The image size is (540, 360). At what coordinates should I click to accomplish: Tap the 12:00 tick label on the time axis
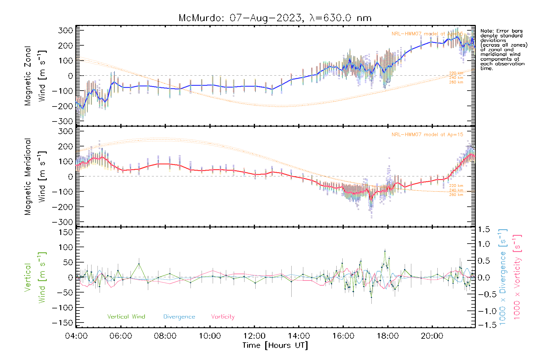coord(254,336)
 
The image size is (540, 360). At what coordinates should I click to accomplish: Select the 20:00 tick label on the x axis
coord(432,336)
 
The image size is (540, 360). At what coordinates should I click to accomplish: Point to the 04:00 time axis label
coord(76,336)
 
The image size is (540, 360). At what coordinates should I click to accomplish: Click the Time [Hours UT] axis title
coord(275,345)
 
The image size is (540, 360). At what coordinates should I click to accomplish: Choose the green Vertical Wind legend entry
coord(126,316)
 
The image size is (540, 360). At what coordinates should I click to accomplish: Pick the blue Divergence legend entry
coord(179,316)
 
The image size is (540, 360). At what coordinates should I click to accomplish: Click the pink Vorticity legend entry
coord(223,316)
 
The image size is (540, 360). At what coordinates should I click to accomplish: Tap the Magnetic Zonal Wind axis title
coord(35,76)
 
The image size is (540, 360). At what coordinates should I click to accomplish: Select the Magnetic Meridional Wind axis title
coord(35,176)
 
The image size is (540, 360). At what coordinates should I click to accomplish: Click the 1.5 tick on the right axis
coord(484,229)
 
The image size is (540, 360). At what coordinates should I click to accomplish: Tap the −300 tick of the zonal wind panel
coord(62,121)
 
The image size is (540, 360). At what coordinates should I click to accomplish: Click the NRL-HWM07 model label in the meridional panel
coord(427,135)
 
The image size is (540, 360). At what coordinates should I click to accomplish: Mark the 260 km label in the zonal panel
coord(456,82)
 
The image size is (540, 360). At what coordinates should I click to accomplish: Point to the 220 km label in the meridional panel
coord(456,186)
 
